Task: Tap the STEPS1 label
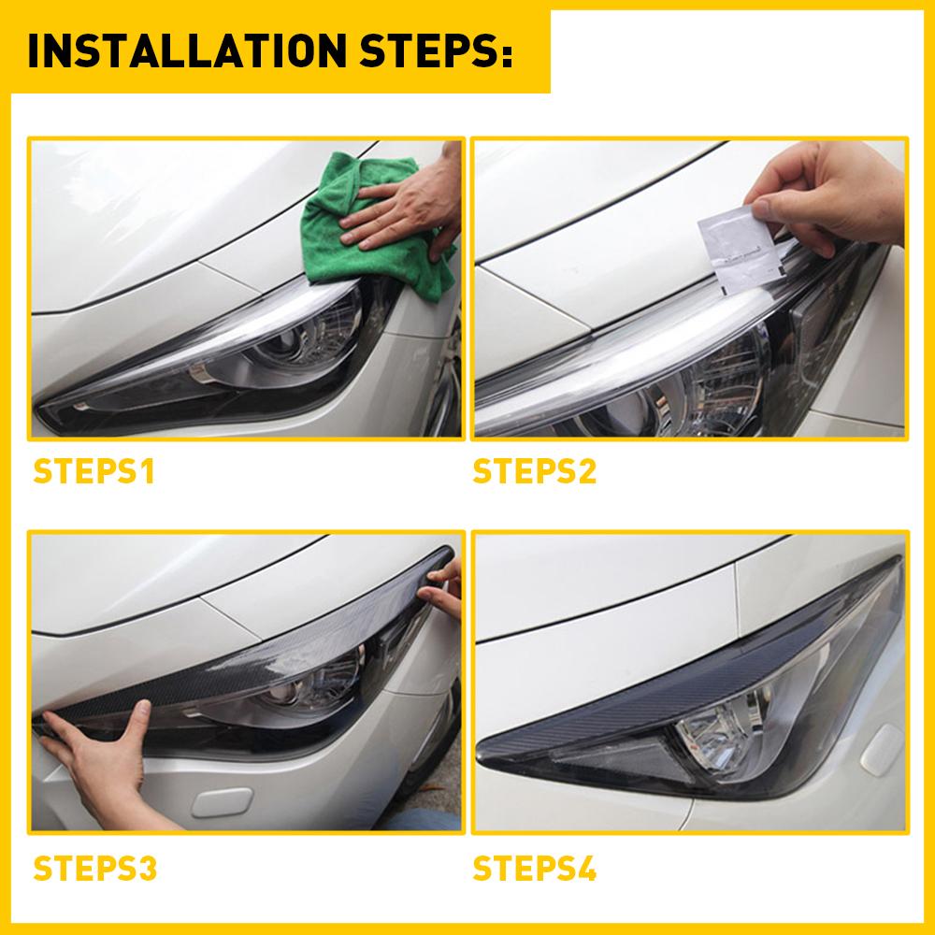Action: point(93,471)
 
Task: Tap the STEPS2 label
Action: point(535,471)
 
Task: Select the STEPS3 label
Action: point(95,869)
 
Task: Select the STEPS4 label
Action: point(535,869)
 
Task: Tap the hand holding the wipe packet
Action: point(823,196)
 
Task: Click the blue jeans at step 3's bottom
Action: point(421,823)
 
